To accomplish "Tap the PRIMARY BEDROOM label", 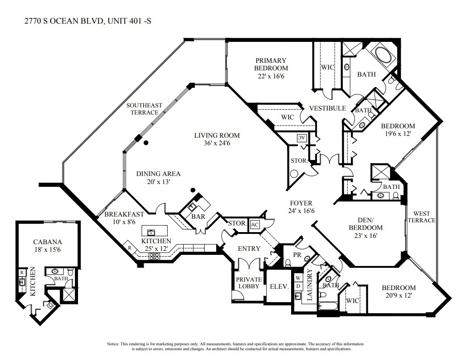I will pos(271,64).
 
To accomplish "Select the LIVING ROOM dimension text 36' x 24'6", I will pos(217,143).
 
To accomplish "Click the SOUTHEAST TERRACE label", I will pos(144,109).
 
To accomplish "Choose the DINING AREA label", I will pos(158,174).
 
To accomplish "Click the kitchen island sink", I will pos(151,232).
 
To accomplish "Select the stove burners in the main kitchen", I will pos(155,256).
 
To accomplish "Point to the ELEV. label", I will pos(279,286).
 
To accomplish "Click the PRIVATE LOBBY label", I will pos(248,282).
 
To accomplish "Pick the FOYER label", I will pos(301,203).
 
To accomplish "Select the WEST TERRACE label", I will pos(421,217).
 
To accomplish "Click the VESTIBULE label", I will pos(328,108).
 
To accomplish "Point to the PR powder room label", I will pos(297,255).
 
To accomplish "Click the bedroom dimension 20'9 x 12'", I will pos(392,295).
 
